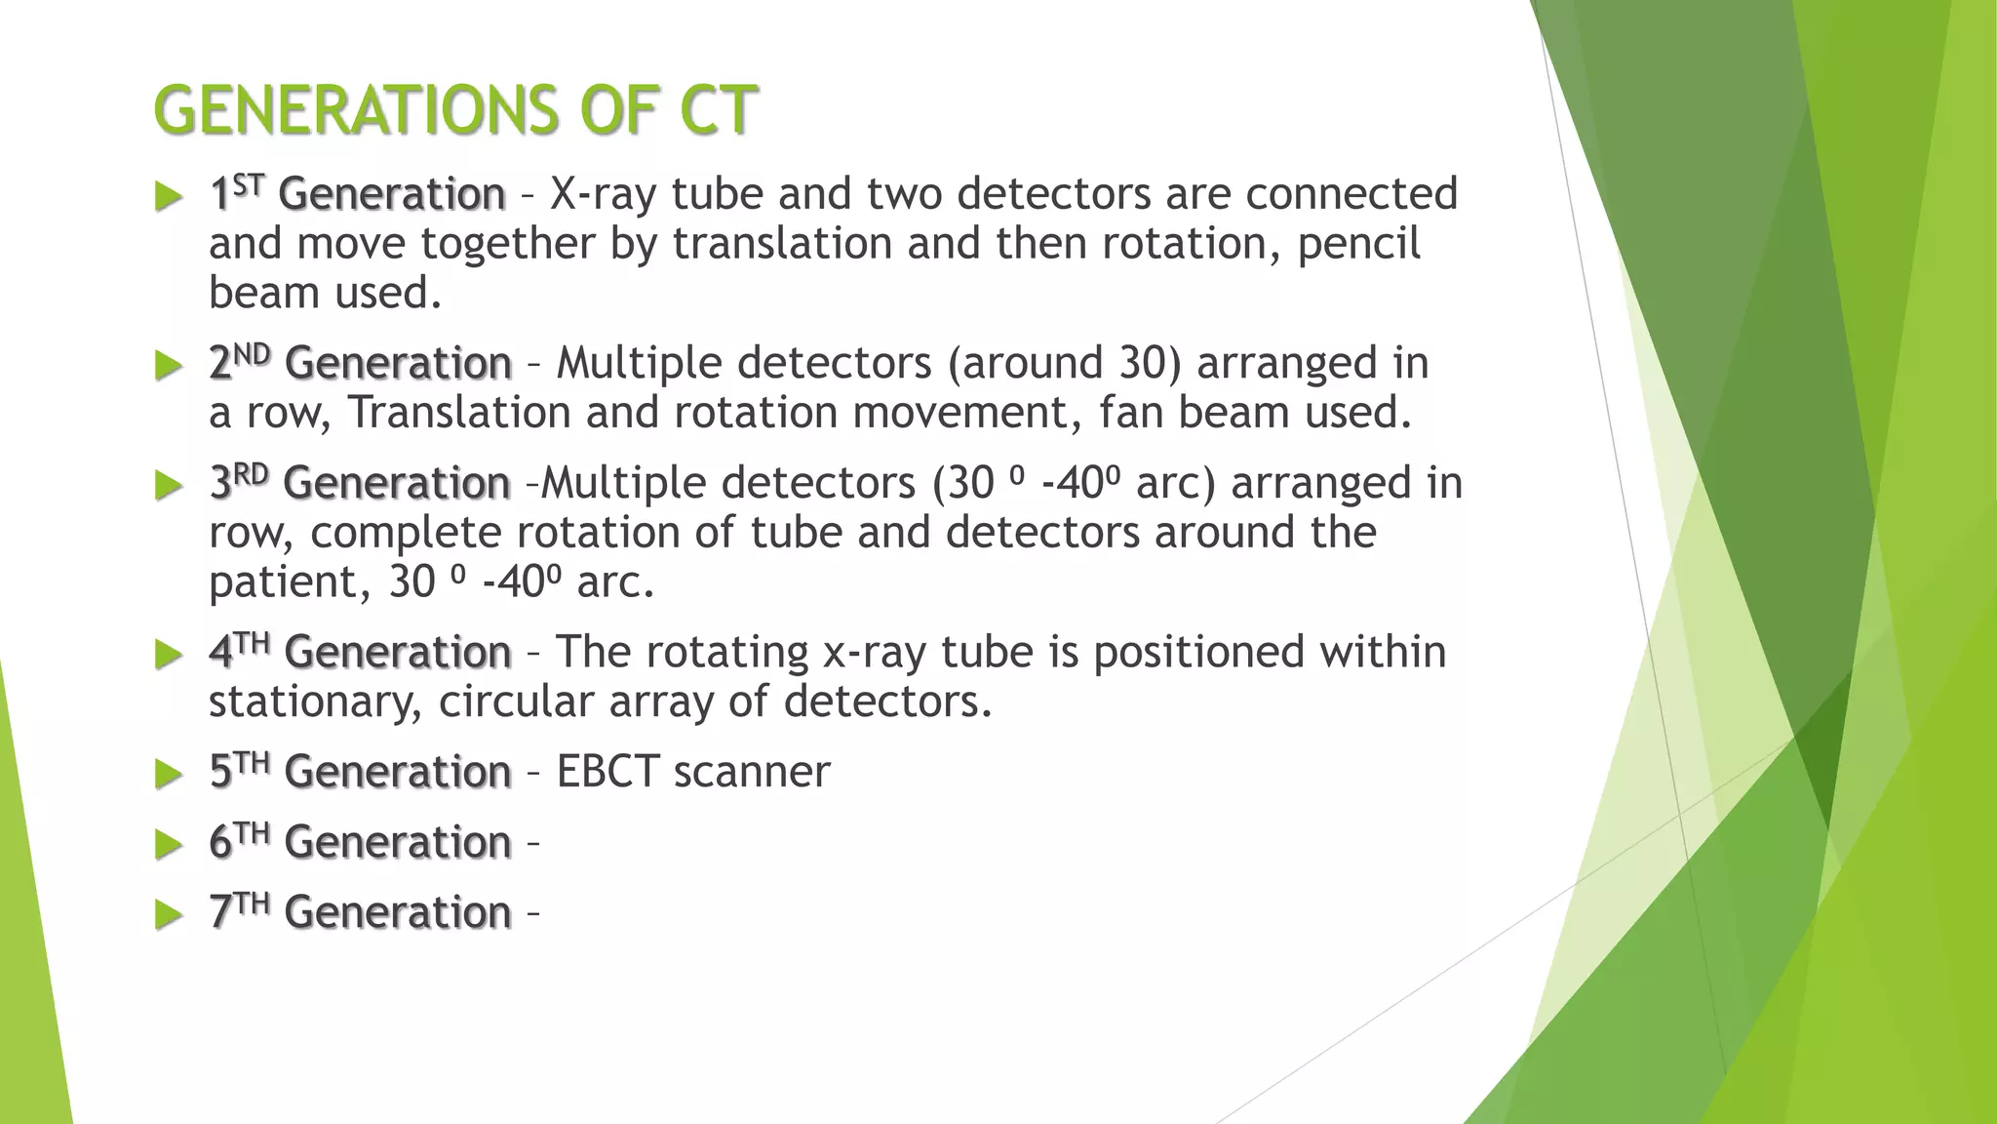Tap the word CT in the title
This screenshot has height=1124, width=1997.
pos(718,109)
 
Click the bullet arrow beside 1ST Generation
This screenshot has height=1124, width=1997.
pos(169,197)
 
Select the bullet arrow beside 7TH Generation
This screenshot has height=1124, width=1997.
pos(169,915)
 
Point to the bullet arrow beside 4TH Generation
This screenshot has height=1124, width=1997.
pos(169,655)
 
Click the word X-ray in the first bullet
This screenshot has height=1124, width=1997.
pos(603,195)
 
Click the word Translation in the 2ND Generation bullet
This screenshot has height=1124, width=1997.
pos(459,413)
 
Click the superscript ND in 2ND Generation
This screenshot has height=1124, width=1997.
pos(252,353)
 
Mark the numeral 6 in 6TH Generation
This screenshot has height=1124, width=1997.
pos(220,843)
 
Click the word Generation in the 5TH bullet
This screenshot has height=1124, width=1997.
pos(398,772)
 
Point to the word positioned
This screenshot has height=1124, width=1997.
pos(1198,653)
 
